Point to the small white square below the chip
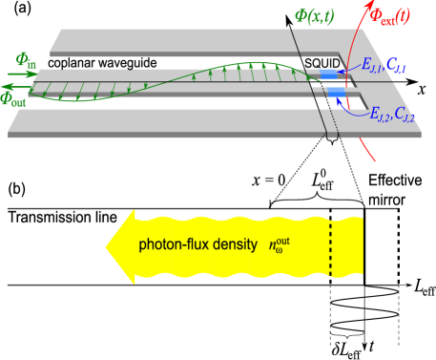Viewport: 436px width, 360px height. coord(331,148)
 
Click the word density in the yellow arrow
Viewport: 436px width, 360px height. coord(235,244)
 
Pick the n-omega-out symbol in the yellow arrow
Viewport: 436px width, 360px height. coord(279,244)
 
